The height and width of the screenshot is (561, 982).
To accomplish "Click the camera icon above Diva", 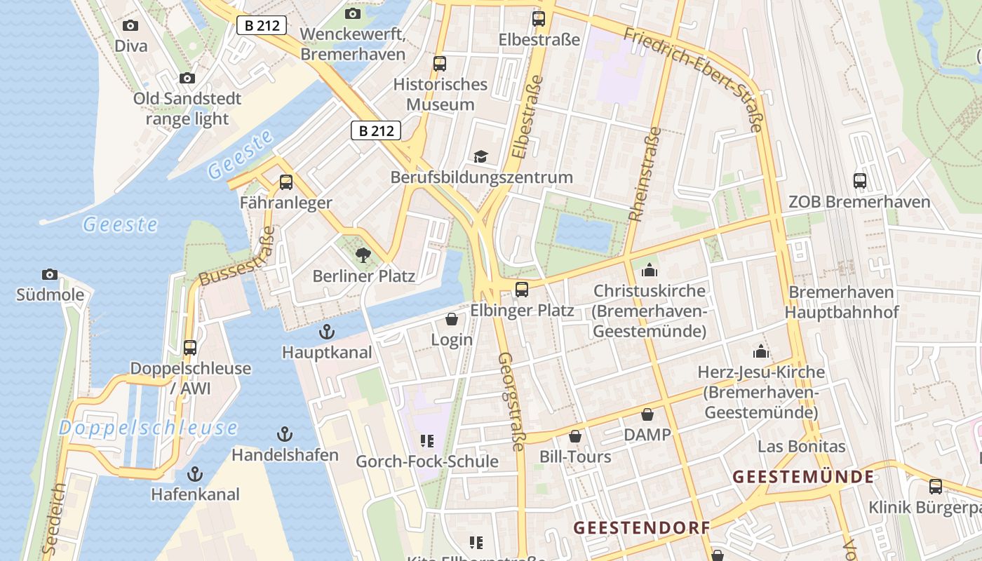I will pos(130,26).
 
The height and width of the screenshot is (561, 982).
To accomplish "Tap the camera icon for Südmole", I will pos(50,274).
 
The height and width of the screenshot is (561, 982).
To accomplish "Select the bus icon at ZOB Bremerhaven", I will pos(860,181).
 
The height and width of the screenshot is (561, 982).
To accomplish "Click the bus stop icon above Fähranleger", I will pos(286,182).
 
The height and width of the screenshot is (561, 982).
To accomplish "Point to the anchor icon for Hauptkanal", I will pos(327,332).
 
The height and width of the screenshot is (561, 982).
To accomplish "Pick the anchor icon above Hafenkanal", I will pos(196,474).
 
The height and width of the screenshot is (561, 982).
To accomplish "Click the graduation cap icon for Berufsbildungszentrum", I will pos(480,156).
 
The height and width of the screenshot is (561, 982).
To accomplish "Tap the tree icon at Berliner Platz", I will pos(363,255).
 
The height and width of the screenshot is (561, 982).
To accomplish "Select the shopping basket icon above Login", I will pos(452,320).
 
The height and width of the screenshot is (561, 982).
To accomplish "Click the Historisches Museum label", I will pos(440,95).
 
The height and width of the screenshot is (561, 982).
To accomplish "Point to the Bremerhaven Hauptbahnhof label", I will pos(841,302).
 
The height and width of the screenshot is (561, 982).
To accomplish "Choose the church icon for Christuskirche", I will pos(650,270).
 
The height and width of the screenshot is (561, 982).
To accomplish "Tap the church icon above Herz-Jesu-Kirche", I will pos(761,351).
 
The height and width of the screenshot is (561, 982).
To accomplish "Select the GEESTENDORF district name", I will pos(642,527).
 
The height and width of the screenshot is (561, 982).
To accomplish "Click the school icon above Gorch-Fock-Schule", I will pos(427,441).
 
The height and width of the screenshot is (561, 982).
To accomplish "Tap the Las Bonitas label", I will pos(801,447).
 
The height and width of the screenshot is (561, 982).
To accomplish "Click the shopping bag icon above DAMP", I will pos(647,414).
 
